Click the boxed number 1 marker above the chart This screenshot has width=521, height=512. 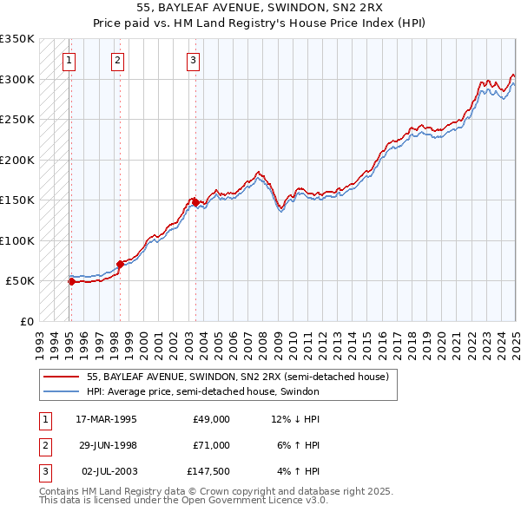point(69,61)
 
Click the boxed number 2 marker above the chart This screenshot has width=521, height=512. point(117,61)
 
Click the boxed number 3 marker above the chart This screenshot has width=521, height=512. point(193,61)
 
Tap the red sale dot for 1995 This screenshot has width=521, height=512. point(71,281)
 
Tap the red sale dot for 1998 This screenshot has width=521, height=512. point(120,264)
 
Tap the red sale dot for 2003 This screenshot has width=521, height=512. point(195,201)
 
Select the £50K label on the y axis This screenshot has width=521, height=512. point(20,281)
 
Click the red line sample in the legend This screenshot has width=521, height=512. point(60,377)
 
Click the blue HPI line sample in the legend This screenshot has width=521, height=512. point(60,391)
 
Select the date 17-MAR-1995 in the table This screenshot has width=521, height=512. point(106,419)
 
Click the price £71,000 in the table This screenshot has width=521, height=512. point(211,445)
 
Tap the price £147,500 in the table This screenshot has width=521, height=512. point(208,471)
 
